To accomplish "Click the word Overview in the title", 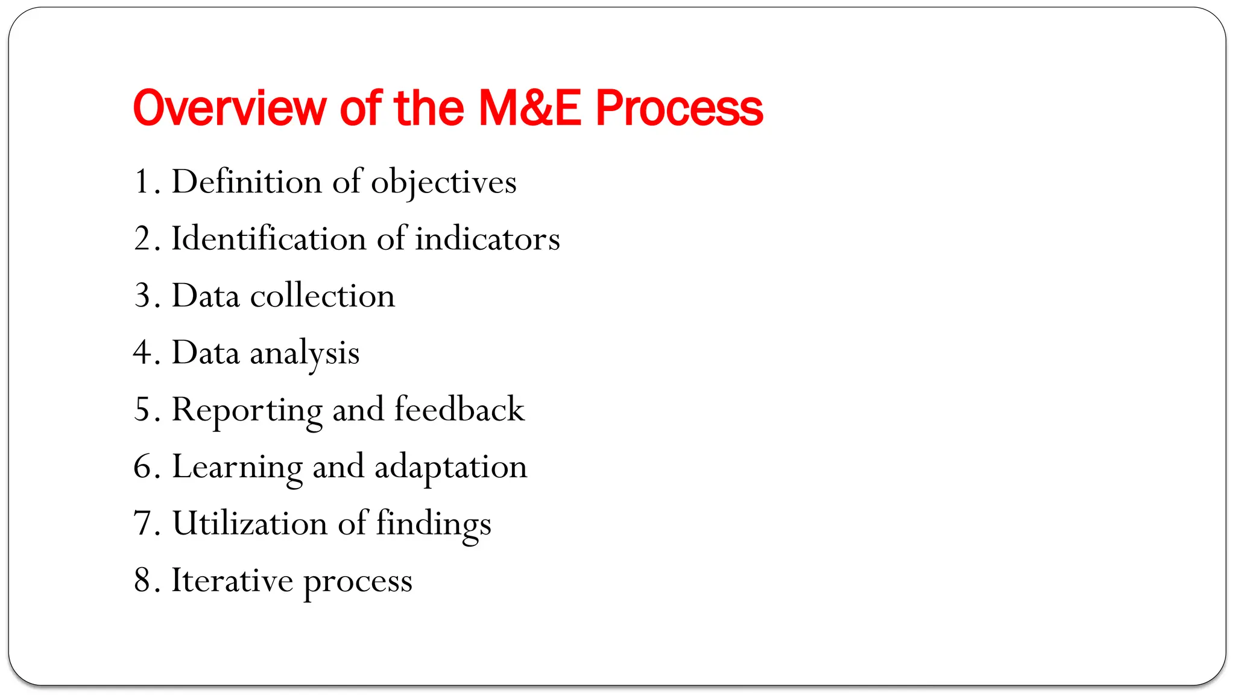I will (x=229, y=109).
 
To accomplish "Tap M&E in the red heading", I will (x=530, y=109).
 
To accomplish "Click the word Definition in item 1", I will (x=247, y=182).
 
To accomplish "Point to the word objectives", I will (x=443, y=183).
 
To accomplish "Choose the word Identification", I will (x=268, y=238).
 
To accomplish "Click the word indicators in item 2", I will (x=487, y=238).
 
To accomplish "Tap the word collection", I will (x=322, y=296).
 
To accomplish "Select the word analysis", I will (x=305, y=354).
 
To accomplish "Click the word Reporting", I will (x=247, y=411).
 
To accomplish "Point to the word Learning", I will (x=237, y=468).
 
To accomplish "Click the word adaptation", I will (x=450, y=468).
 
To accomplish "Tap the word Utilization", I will (x=250, y=523).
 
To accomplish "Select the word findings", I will (x=434, y=524).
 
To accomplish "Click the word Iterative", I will (x=232, y=580).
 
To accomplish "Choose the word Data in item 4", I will (x=206, y=352).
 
